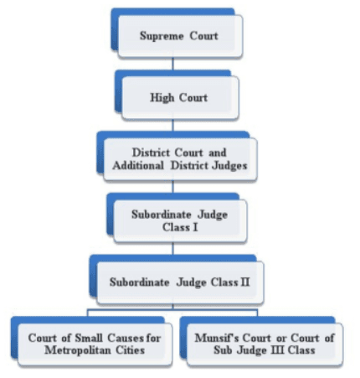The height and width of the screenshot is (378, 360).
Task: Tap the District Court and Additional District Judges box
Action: pos(179,159)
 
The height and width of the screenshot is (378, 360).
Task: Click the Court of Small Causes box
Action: pos(93,344)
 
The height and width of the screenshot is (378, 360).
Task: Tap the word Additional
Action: pos(147,166)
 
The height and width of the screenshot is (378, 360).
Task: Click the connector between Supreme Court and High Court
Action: pos(173,64)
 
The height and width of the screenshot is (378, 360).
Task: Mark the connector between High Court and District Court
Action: pos(173,124)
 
